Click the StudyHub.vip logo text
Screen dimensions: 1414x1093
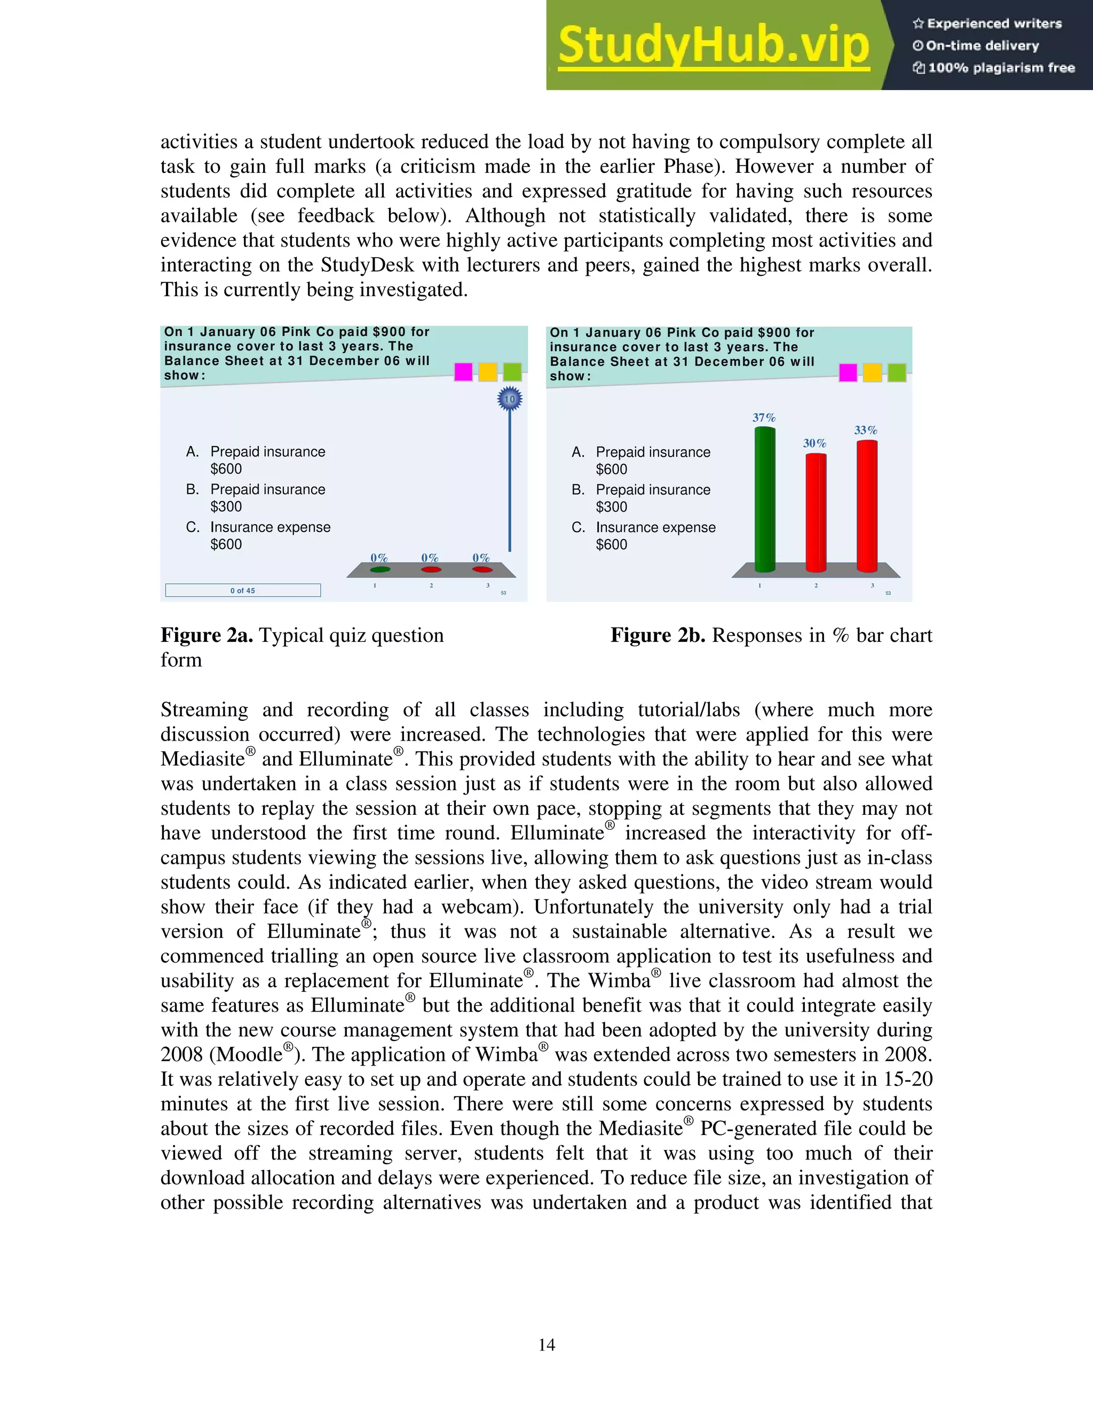(713, 45)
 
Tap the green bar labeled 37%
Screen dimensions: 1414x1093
(765, 498)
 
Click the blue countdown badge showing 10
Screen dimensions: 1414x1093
(510, 400)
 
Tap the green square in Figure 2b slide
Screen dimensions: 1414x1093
(896, 373)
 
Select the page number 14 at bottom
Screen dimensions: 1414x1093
(546, 1345)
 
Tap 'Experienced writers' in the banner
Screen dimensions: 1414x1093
(994, 24)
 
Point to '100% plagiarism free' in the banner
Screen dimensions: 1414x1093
(1001, 68)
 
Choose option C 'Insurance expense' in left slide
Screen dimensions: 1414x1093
(270, 528)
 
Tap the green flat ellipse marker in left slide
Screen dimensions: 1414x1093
(379, 570)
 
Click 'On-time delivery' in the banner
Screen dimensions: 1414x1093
(981, 46)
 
